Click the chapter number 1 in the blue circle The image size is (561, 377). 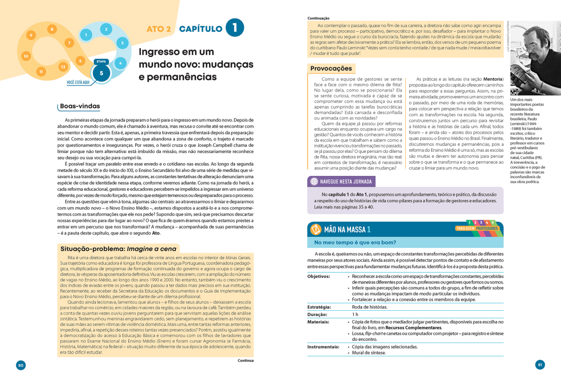[234, 28]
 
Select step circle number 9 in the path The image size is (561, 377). [31, 36]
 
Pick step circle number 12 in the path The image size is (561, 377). [63, 66]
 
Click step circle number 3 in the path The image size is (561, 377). [122, 42]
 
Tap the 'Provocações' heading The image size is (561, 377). [331, 68]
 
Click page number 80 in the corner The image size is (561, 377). [21, 365]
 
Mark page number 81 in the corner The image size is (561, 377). [540, 365]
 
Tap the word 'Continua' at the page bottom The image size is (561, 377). [245, 361]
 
